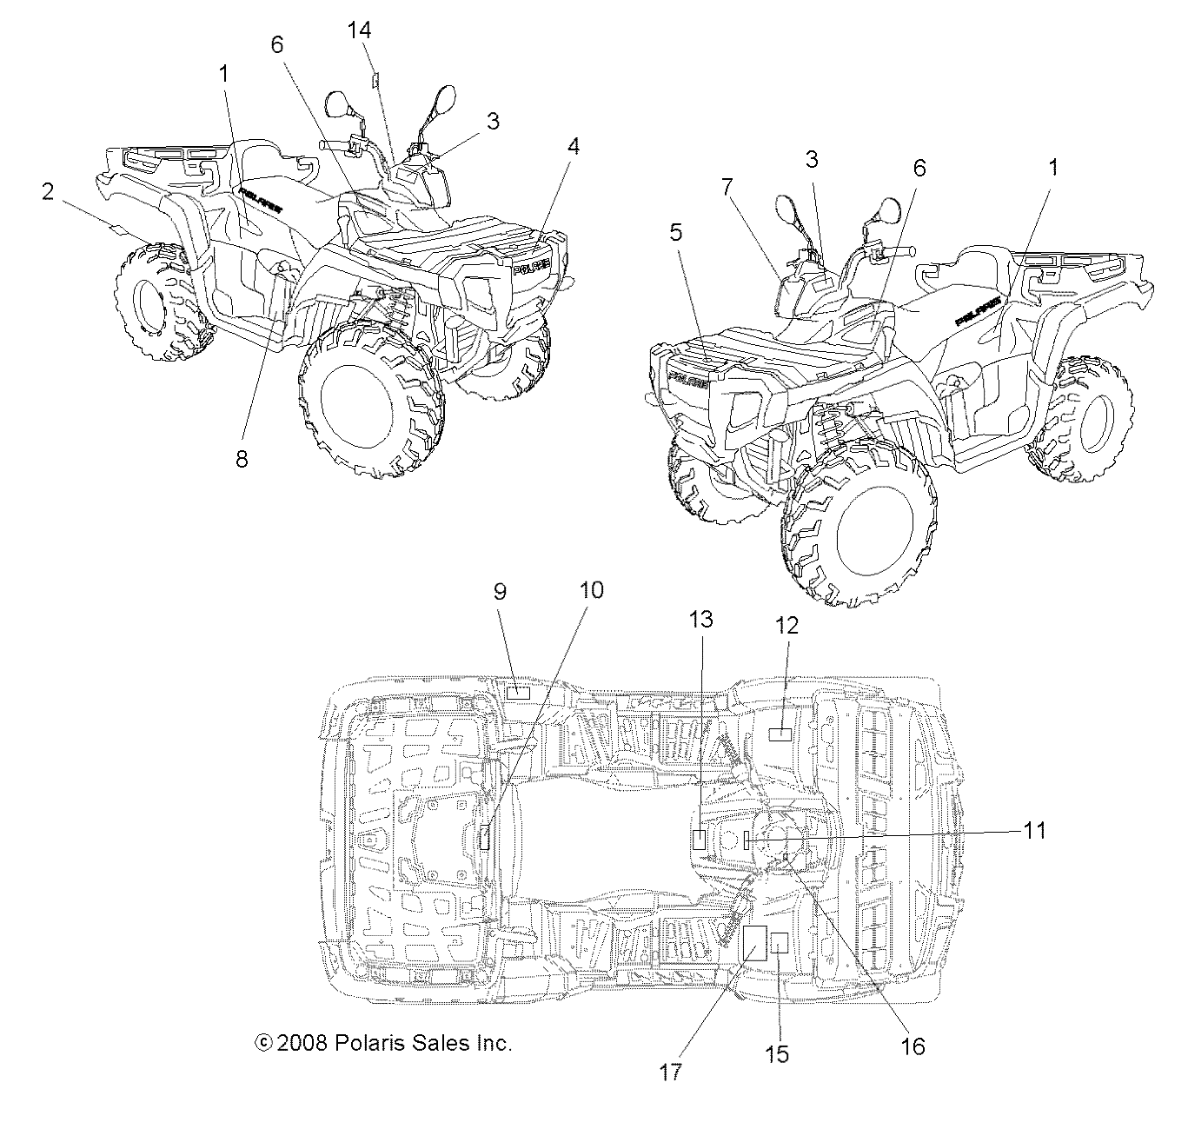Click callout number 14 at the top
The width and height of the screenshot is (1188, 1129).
tap(359, 31)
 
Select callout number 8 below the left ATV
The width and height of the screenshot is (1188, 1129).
tap(242, 459)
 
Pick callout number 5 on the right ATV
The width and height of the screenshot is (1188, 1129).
tap(675, 233)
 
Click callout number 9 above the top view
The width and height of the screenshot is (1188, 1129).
tap(500, 591)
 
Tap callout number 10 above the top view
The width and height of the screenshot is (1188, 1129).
tap(590, 591)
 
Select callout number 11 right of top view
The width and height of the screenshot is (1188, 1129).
tap(1033, 831)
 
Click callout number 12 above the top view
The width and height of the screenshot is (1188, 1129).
tap(786, 624)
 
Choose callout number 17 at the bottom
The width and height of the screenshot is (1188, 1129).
tap(670, 1071)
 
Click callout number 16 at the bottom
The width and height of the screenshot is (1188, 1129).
tap(913, 1046)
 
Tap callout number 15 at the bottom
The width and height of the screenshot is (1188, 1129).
tap(777, 1053)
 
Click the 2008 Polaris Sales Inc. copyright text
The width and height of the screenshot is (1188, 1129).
tap(382, 1043)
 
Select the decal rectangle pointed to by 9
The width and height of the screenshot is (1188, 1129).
tap(518, 693)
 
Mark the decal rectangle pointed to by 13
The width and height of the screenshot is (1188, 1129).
tap(698, 839)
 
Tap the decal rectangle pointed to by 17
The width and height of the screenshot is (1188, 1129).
tap(753, 943)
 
